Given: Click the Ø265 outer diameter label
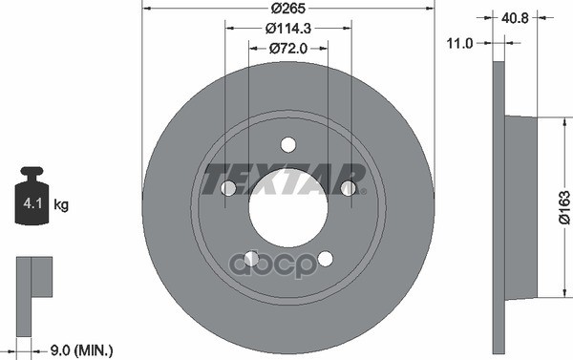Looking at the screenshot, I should point(287,11).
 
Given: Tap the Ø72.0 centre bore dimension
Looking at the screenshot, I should point(287,48).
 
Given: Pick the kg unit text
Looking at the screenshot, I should point(61,204).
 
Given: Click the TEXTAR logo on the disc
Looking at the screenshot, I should point(286,180).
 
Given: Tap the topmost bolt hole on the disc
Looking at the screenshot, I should point(287,144).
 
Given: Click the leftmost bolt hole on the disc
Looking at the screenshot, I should point(228,188).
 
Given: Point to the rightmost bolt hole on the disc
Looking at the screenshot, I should point(348,188).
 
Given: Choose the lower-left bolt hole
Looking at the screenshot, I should point(251,258).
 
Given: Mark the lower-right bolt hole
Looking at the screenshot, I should point(325,258).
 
